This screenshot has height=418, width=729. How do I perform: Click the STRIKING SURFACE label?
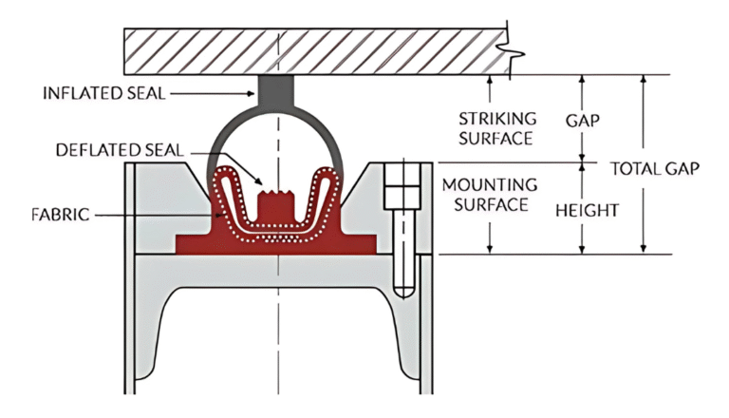pyautogui.click(x=498, y=128)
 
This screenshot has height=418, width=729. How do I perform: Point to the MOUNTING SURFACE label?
pyautogui.click(x=498, y=193)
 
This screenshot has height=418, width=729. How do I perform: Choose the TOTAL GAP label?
pyautogui.click(x=655, y=169)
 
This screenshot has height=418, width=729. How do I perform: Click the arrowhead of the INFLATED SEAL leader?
pyautogui.click(x=250, y=93)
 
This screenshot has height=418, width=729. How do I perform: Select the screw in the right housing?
pyautogui.click(x=402, y=228)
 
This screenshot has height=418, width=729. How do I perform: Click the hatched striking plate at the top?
pyautogui.click(x=313, y=53)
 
